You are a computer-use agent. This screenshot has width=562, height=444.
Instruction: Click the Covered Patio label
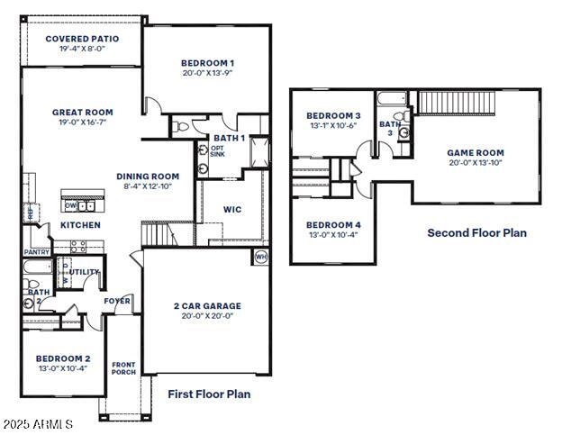81,39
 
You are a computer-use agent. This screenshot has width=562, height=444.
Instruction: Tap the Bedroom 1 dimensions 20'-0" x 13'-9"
207,73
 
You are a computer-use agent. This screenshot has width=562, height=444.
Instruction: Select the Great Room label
82,113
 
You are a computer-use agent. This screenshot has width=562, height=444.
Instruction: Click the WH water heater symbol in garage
261,257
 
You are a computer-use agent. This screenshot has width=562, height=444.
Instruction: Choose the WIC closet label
232,210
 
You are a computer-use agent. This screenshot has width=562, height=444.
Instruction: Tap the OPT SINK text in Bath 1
217,151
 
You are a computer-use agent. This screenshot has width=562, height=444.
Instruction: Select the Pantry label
36,253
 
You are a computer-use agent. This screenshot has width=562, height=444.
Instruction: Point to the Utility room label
85,271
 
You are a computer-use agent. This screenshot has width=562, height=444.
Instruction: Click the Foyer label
117,300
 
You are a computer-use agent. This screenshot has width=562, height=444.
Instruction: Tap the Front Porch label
123,368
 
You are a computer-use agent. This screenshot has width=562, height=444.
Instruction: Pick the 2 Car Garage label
207,306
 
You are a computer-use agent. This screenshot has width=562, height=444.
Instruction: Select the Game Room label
476,153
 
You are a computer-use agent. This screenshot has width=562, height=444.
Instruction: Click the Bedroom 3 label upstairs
333,116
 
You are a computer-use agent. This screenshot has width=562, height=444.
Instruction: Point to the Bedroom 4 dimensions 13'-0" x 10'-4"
333,235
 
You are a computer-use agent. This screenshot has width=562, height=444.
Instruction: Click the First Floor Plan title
209,394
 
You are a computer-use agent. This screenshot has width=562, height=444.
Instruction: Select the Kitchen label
80,225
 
